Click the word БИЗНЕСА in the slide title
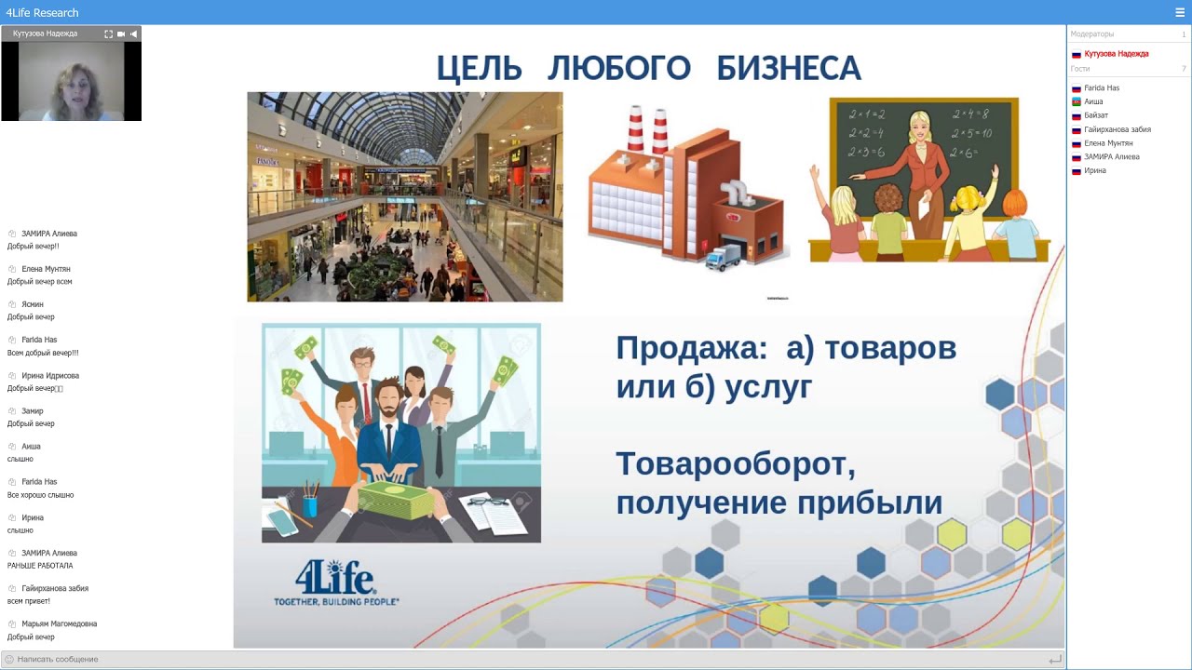click(788, 69)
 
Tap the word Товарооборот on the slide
click(735, 462)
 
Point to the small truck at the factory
click(722, 256)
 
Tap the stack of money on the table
click(397, 501)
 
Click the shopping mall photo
click(404, 196)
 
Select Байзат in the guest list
click(1096, 115)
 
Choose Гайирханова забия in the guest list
click(1117, 129)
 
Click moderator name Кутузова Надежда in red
click(1116, 54)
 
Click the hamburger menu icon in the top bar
click(1180, 12)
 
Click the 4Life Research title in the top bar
click(42, 12)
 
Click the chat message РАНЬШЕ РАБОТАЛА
click(40, 566)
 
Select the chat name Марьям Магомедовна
click(59, 623)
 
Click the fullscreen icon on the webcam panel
click(108, 33)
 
